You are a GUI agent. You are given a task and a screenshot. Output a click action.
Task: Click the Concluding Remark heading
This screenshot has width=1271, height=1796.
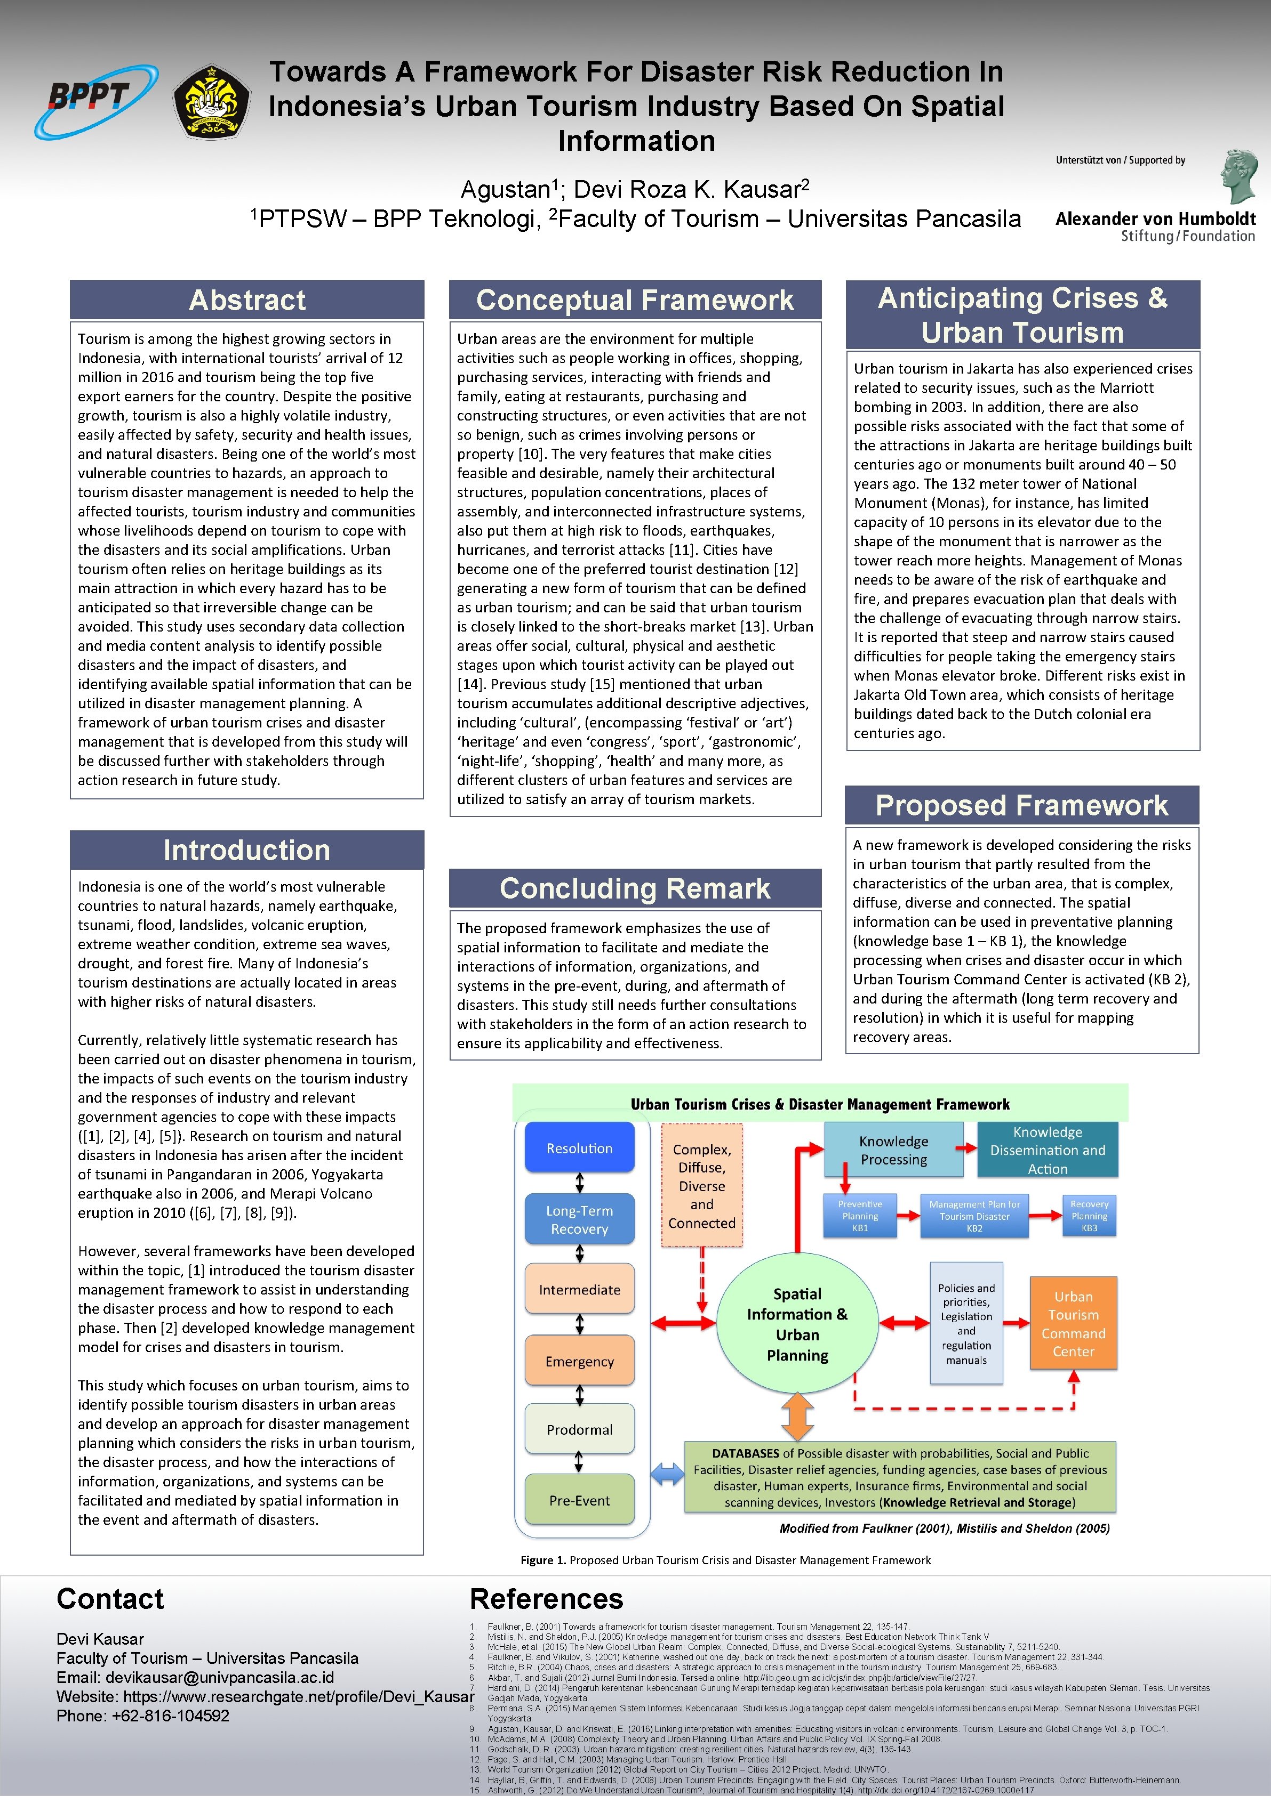tap(635, 888)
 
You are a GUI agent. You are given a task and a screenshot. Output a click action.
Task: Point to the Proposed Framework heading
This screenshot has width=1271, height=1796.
tap(1021, 806)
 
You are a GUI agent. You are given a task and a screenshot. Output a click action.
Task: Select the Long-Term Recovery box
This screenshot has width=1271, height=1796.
tap(579, 1219)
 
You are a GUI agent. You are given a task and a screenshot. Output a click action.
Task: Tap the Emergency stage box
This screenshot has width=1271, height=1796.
tap(579, 1362)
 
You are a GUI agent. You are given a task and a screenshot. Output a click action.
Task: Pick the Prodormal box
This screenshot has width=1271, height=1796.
tap(579, 1430)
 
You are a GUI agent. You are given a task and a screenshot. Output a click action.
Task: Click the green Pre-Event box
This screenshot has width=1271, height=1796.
tap(579, 1500)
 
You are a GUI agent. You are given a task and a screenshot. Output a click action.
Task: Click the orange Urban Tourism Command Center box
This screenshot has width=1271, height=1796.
tap(1073, 1323)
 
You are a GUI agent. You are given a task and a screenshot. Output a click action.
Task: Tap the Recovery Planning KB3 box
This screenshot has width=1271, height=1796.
tap(1089, 1216)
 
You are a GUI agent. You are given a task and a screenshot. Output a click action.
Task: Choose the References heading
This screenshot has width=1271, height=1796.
tap(546, 1598)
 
